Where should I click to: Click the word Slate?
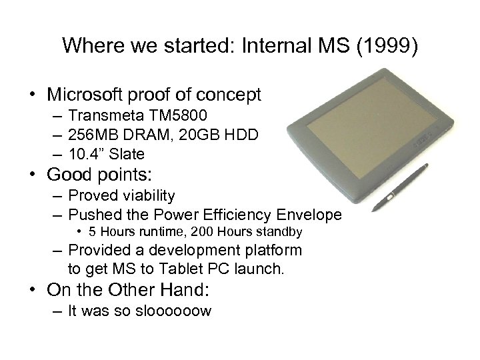[127, 155]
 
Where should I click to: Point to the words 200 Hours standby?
[251, 232]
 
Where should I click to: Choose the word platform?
[272, 251]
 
